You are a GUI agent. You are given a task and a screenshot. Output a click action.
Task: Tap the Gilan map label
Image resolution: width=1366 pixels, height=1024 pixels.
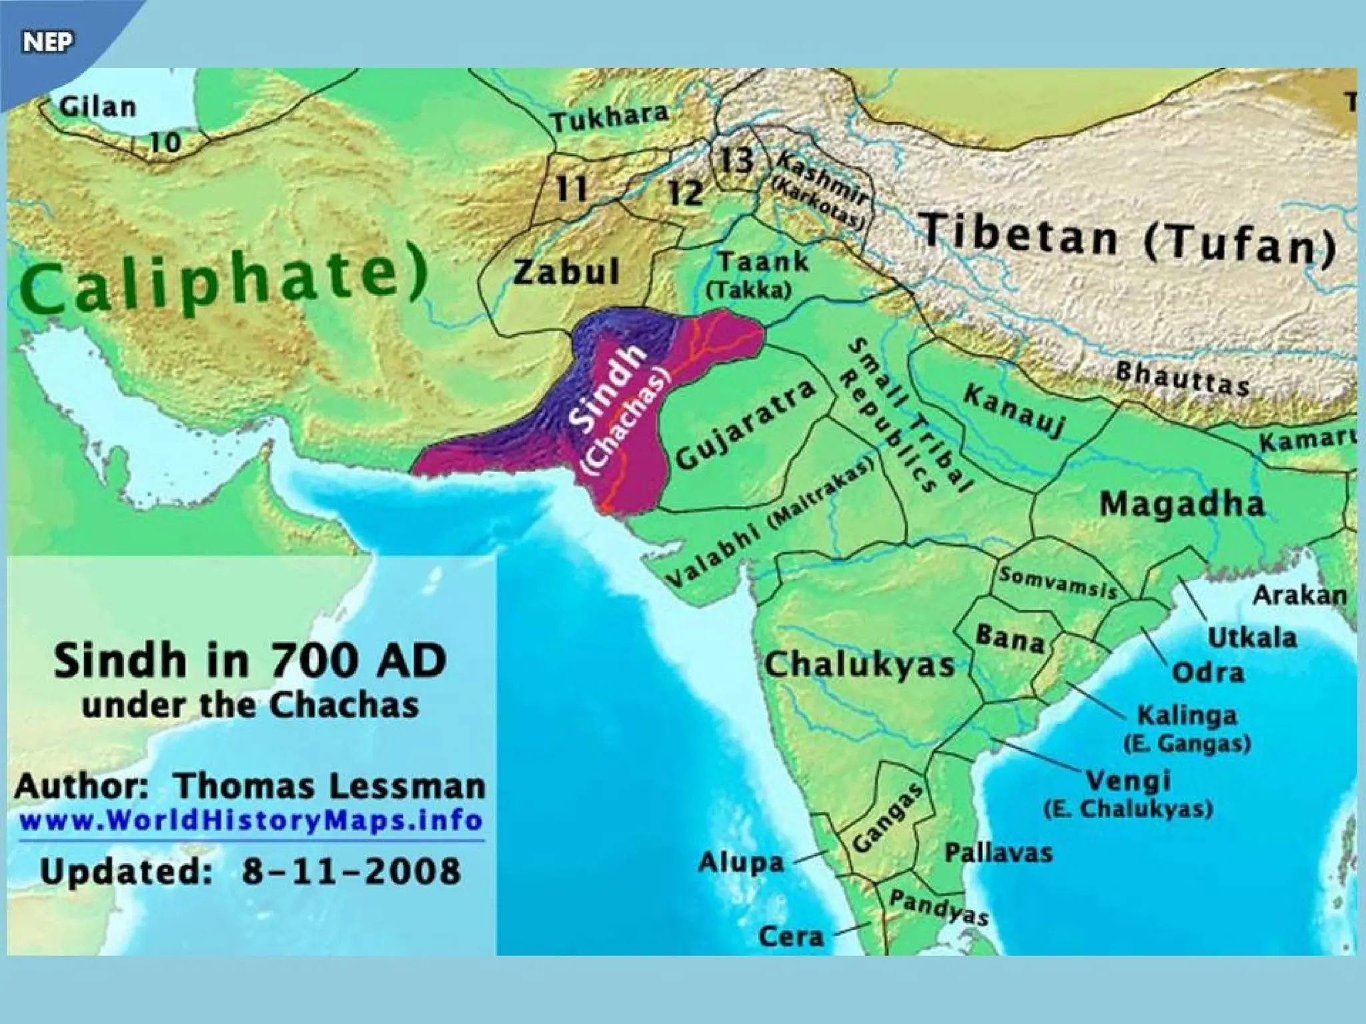point(97,107)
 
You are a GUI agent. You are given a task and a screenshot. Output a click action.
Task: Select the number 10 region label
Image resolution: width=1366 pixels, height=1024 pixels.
point(165,141)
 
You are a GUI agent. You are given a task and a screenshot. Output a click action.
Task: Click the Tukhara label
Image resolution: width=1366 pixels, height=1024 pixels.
point(610,119)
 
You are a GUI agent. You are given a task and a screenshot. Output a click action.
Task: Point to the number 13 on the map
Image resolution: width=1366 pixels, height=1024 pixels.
point(736,160)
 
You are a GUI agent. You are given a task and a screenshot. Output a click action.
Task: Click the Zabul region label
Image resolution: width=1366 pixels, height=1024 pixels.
point(566,272)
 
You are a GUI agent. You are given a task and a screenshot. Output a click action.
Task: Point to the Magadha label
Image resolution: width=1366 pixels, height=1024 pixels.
point(1182,504)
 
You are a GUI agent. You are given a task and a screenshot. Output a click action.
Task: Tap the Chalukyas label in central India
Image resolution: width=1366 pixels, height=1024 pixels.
point(860,665)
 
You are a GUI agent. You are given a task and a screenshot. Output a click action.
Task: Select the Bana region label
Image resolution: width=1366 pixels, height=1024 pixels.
point(1010,638)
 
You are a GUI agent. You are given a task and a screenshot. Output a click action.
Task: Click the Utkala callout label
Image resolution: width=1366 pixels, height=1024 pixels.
point(1253,637)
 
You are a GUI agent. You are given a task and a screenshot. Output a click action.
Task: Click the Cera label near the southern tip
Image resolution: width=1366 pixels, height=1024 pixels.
point(791,937)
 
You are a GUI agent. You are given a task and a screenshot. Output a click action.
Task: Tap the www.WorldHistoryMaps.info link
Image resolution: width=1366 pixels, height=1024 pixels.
point(251,820)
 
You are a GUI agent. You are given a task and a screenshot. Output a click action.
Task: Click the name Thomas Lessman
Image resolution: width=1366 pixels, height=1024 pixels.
point(329,787)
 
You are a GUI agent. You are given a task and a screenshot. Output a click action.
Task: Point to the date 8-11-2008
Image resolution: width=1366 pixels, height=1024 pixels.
point(351,871)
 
